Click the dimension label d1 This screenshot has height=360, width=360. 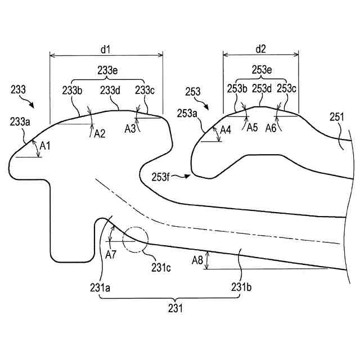pyautogui.click(x=105, y=49)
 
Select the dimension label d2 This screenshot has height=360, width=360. pyautogui.click(x=260, y=49)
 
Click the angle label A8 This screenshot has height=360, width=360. pyautogui.click(x=197, y=260)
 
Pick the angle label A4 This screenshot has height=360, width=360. pyautogui.click(x=225, y=130)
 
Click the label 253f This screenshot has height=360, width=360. pyautogui.click(x=161, y=176)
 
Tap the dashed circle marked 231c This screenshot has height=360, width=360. pyautogui.click(x=136, y=239)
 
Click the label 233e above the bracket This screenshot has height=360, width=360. pyautogui.click(x=107, y=70)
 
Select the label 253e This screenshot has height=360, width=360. pyautogui.click(x=260, y=70)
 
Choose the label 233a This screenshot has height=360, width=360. pyautogui.click(x=20, y=121)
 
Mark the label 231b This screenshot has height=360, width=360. pyautogui.click(x=241, y=287)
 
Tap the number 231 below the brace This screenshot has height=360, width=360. pyautogui.click(x=174, y=309)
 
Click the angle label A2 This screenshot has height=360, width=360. pyautogui.click(x=100, y=133)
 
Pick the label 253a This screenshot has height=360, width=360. pyautogui.click(x=188, y=114)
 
